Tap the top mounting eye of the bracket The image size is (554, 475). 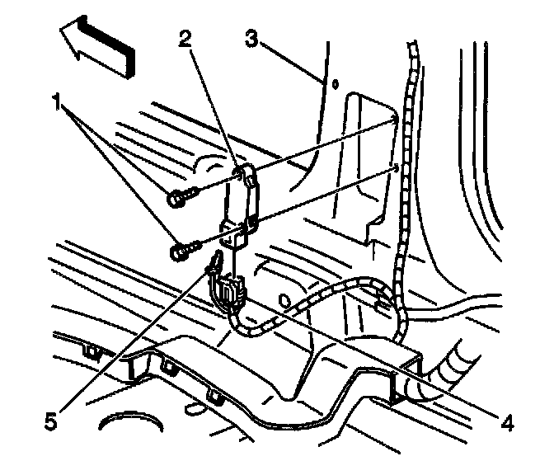pos(246,174)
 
